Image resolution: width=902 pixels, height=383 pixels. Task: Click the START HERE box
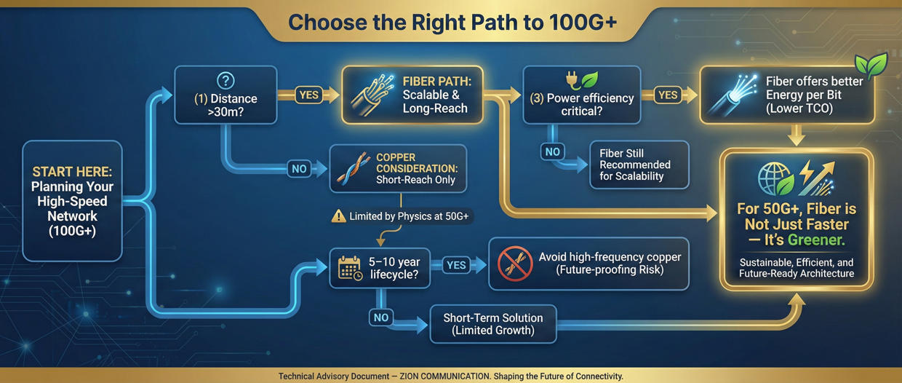[72, 200]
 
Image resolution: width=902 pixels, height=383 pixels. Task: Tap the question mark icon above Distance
[225, 82]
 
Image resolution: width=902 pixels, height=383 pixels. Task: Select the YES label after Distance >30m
[309, 95]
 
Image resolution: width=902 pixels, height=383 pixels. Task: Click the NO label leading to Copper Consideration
[298, 168]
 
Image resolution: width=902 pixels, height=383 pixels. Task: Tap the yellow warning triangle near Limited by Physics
[338, 216]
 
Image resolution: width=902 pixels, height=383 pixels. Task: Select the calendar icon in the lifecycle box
[350, 268]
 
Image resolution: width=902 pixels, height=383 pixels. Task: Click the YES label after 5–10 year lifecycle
[456, 265]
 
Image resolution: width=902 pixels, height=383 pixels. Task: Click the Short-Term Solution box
[492, 324]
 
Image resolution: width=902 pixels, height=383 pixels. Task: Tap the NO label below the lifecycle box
[380, 317]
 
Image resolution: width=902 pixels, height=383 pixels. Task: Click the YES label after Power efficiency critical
[668, 95]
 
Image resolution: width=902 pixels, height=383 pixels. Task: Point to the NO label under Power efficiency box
[553, 151]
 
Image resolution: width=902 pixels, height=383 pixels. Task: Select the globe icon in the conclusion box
[774, 177]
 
